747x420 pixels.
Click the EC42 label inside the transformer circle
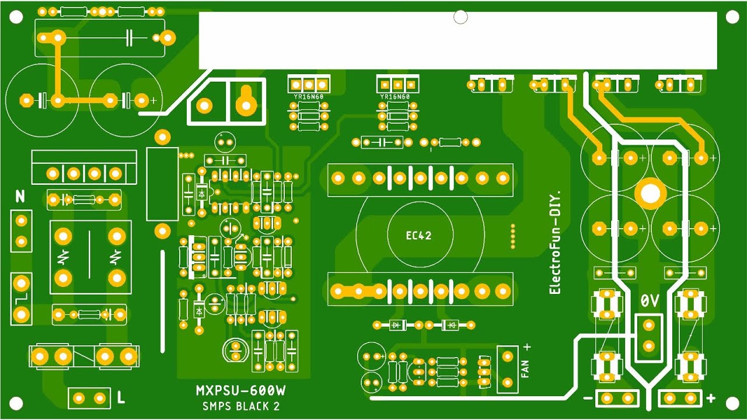point(418,236)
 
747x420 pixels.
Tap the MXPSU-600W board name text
point(244,390)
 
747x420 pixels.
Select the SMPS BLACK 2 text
point(241,406)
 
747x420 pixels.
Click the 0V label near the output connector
point(650,301)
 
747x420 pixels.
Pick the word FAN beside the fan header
point(525,369)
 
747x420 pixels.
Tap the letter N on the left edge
point(20,197)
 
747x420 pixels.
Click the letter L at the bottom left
point(121,398)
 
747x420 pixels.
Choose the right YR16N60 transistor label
point(395,97)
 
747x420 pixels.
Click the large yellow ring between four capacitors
point(650,193)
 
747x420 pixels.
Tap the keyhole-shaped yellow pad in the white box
point(246,102)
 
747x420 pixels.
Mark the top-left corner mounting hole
point(16,17)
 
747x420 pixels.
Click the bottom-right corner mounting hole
point(731,403)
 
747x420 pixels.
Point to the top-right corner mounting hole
point(731,17)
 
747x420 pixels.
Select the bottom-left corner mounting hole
point(16,403)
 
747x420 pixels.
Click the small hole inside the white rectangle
point(460,17)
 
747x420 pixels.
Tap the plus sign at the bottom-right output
point(710,399)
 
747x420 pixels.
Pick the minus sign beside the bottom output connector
point(587,399)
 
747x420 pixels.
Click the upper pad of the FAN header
point(507,355)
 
